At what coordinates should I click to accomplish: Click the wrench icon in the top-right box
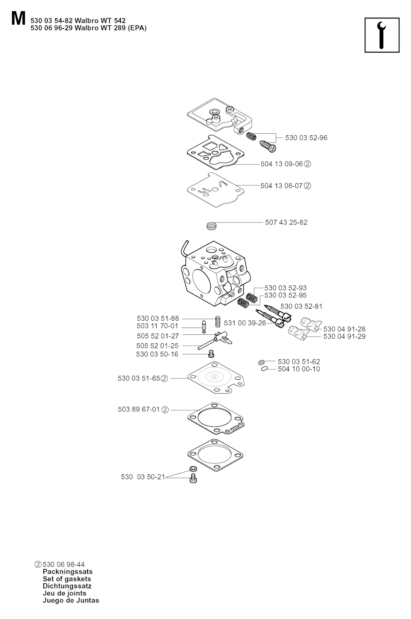(381, 35)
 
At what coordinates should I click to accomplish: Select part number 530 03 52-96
(306, 138)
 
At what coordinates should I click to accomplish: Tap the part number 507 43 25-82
(286, 222)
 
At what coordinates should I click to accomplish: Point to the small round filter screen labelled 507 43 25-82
(211, 225)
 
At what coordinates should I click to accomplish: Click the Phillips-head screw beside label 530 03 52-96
(268, 146)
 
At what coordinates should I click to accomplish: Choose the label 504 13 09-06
(282, 164)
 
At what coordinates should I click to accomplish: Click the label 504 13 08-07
(281, 186)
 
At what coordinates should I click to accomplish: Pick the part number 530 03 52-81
(301, 306)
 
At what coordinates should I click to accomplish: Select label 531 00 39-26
(245, 323)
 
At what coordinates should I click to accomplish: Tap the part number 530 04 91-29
(344, 336)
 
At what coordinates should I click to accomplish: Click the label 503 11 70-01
(157, 326)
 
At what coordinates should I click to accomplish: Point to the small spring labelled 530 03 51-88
(218, 322)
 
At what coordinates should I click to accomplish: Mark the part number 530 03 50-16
(157, 354)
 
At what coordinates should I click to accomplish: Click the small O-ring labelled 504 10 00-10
(264, 369)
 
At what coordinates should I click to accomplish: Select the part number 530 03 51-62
(299, 361)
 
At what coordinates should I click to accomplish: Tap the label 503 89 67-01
(139, 409)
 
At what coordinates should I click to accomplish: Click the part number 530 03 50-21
(143, 476)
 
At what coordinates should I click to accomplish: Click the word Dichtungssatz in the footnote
(67, 586)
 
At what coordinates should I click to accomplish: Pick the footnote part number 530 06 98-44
(64, 564)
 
